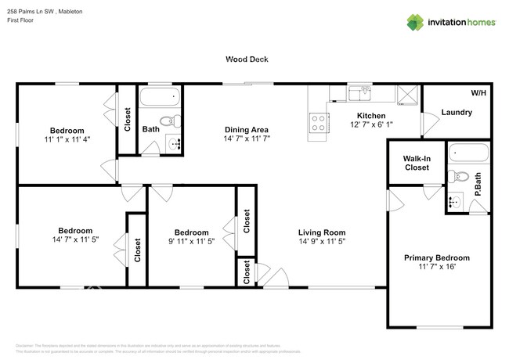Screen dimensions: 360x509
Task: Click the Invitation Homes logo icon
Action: [x=414, y=22]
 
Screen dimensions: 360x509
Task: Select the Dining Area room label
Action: [x=247, y=129]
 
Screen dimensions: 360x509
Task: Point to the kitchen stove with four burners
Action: [x=319, y=121]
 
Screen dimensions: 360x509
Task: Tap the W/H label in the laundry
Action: [x=478, y=93]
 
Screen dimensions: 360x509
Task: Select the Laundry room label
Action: [x=457, y=112]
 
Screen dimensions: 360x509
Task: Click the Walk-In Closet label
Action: [x=417, y=162]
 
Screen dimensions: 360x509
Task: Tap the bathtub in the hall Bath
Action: [x=159, y=98]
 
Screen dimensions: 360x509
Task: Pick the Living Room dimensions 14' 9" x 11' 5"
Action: [x=321, y=242]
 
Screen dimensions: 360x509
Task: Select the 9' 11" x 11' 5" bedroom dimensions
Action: [x=191, y=242]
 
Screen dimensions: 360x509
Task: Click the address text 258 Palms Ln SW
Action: [x=29, y=13]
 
